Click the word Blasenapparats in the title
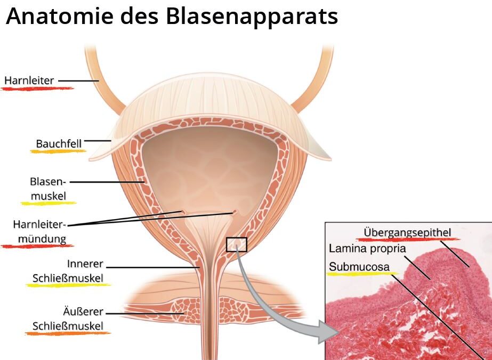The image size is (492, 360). pos(252,17)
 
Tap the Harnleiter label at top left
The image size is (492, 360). pos(29,81)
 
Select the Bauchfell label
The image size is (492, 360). pos(59,144)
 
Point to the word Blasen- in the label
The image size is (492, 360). pos(48,181)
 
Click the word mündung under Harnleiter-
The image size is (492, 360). pos(42,239)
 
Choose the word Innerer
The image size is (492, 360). pos(85,264)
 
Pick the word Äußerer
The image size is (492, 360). pos(83,311)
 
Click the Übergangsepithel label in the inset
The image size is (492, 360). pos(407,233)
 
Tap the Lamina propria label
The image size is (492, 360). pos(367,249)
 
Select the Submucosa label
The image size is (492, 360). pos(359,267)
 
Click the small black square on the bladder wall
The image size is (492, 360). pos(237,244)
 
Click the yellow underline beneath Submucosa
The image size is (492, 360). pos(362,274)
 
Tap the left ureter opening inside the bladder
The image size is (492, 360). pos(182,212)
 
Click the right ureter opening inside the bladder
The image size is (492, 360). pos(234,212)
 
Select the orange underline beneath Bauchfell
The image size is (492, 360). pos(58,151)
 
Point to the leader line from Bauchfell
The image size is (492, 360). pos(98,141)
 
